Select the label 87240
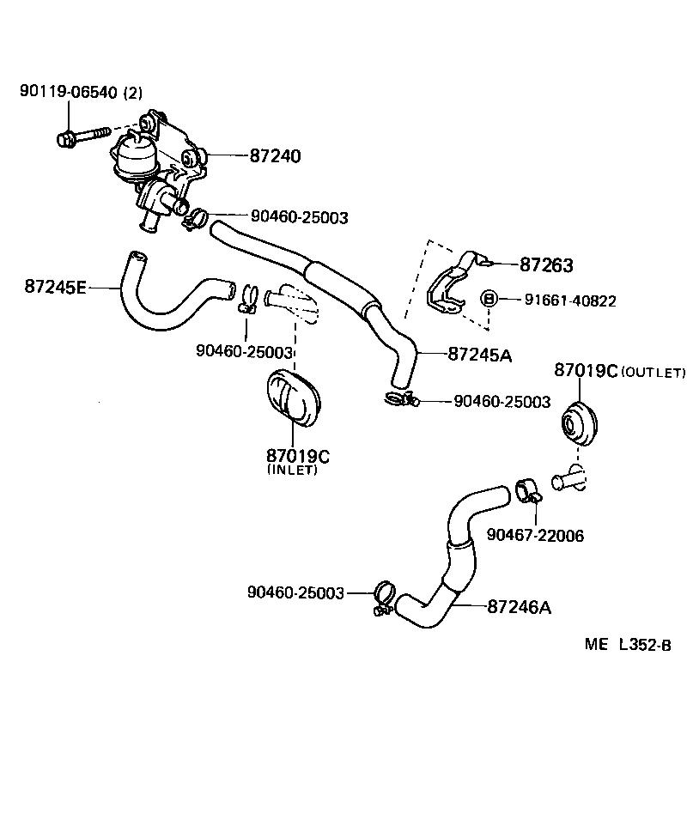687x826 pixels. [276, 156]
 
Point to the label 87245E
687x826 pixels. [55, 287]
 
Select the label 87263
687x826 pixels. [546, 265]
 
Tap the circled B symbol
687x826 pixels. [489, 299]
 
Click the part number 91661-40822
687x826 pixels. [570, 300]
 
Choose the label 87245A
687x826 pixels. [479, 353]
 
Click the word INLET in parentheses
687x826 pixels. [292, 470]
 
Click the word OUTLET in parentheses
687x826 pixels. [653, 372]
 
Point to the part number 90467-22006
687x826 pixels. [534, 535]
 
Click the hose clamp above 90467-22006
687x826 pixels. [526, 491]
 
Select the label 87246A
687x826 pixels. [519, 607]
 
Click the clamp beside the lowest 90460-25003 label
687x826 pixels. [383, 597]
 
